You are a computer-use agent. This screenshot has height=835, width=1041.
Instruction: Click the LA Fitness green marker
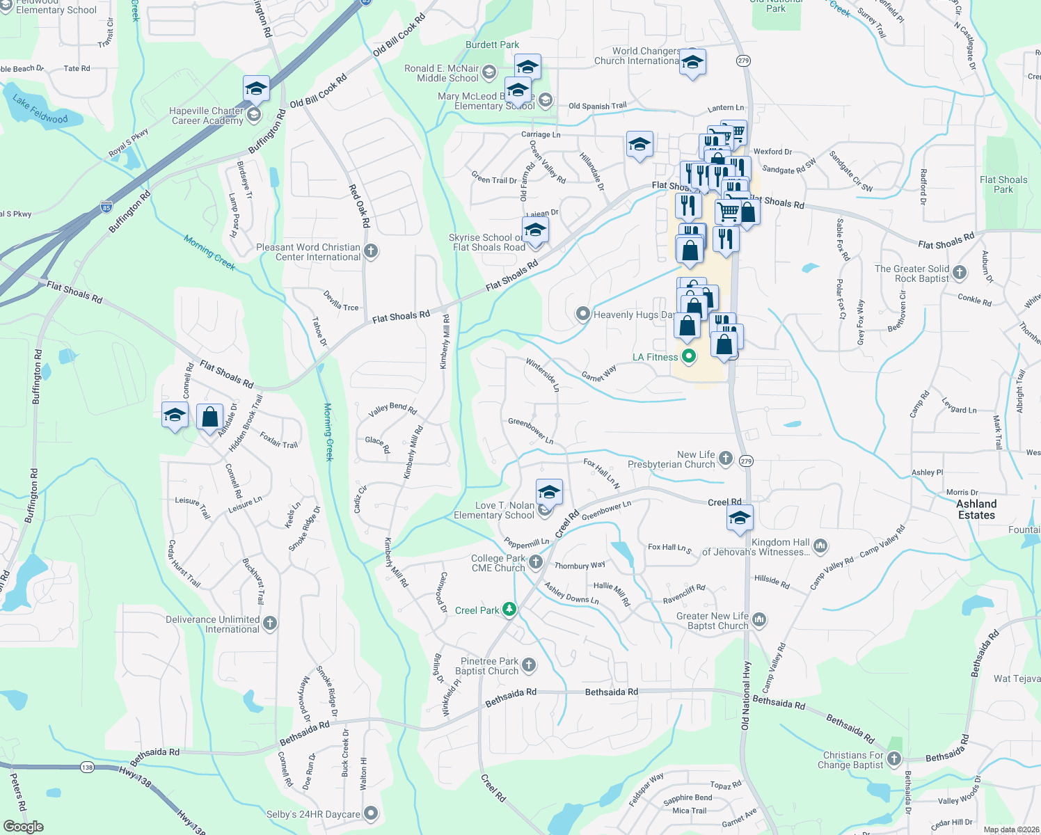689,357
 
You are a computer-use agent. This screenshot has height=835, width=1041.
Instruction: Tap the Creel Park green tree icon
510,610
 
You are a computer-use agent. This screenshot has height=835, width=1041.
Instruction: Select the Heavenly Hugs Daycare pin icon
583,315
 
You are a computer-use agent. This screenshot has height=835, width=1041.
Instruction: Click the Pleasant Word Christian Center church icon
371,251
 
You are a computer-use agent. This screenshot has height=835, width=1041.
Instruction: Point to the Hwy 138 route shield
87,768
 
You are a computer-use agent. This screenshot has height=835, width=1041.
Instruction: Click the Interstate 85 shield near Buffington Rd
106,207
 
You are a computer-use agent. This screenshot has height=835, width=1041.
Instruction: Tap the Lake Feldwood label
40,109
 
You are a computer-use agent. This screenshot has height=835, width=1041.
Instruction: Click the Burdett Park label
492,45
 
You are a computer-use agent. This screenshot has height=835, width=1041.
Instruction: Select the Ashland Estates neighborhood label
976,509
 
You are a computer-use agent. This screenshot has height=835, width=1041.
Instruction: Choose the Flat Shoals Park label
1003,184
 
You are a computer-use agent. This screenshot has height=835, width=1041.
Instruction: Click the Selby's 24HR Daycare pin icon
371,813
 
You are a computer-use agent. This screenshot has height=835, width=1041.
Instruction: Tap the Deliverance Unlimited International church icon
270,623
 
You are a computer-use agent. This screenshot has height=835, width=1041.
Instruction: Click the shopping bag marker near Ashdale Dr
210,417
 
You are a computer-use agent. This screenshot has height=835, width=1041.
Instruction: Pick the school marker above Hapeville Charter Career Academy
256,89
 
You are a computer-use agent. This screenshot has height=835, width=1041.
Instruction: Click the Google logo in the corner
23,826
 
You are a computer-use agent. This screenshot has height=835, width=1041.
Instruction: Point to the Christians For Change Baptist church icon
895,759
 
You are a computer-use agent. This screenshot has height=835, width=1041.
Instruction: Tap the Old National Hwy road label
745,696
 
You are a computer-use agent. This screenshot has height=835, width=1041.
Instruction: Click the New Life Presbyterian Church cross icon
726,458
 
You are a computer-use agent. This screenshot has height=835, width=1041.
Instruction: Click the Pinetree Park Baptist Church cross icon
529,665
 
